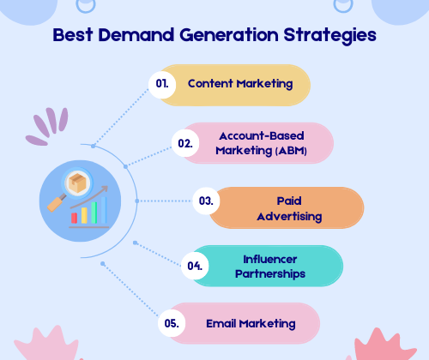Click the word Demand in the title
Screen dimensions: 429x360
[x=136, y=35]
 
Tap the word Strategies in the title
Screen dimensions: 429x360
[x=329, y=36]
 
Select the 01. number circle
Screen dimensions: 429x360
[x=162, y=85]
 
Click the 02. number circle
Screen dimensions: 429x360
[x=185, y=143]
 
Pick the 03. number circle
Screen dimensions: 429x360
[x=206, y=201]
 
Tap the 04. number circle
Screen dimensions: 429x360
[x=195, y=266]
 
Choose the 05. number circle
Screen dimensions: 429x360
[x=172, y=323]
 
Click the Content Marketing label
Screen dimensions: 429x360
[x=240, y=84]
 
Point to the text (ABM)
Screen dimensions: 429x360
[x=291, y=151]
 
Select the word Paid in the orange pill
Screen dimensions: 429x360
[x=289, y=201]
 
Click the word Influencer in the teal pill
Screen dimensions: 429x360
[x=270, y=260]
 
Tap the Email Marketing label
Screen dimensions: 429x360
[x=251, y=324]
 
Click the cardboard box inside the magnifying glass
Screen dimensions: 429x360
[x=77, y=183]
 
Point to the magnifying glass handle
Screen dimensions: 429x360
[x=57, y=203]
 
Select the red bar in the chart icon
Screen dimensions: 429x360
[x=74, y=218]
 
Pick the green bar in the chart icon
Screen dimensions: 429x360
[x=94, y=213]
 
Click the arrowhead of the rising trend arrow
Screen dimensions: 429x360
[x=105, y=189]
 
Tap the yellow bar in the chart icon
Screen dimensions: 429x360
[x=84, y=215]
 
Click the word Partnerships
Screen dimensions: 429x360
[x=270, y=274]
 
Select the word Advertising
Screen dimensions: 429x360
[x=289, y=217]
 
